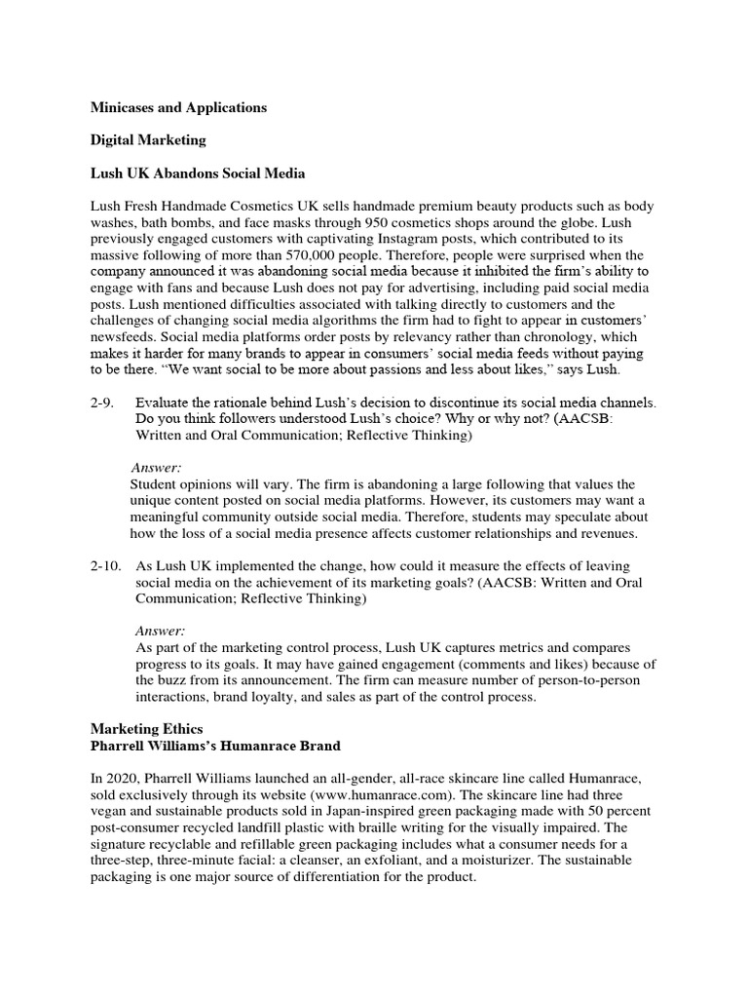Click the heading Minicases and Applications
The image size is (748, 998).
pyautogui.click(x=178, y=108)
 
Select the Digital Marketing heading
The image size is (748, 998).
pyautogui.click(x=148, y=140)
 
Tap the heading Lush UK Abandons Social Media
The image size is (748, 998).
pyautogui.click(x=198, y=173)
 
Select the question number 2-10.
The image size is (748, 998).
pyautogui.click(x=107, y=565)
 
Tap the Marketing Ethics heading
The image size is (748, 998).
pyautogui.click(x=146, y=728)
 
